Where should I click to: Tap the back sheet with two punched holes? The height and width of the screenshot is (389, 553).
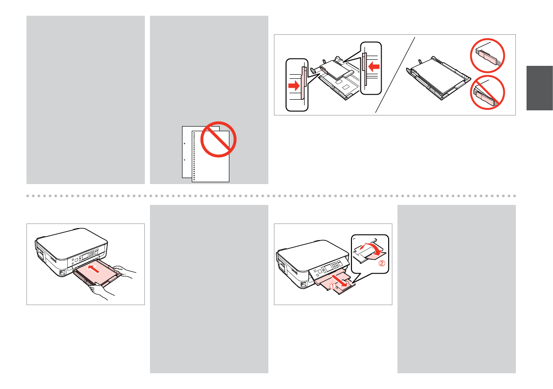coord(187,153)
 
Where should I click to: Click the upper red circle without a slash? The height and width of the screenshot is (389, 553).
coord(487,55)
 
